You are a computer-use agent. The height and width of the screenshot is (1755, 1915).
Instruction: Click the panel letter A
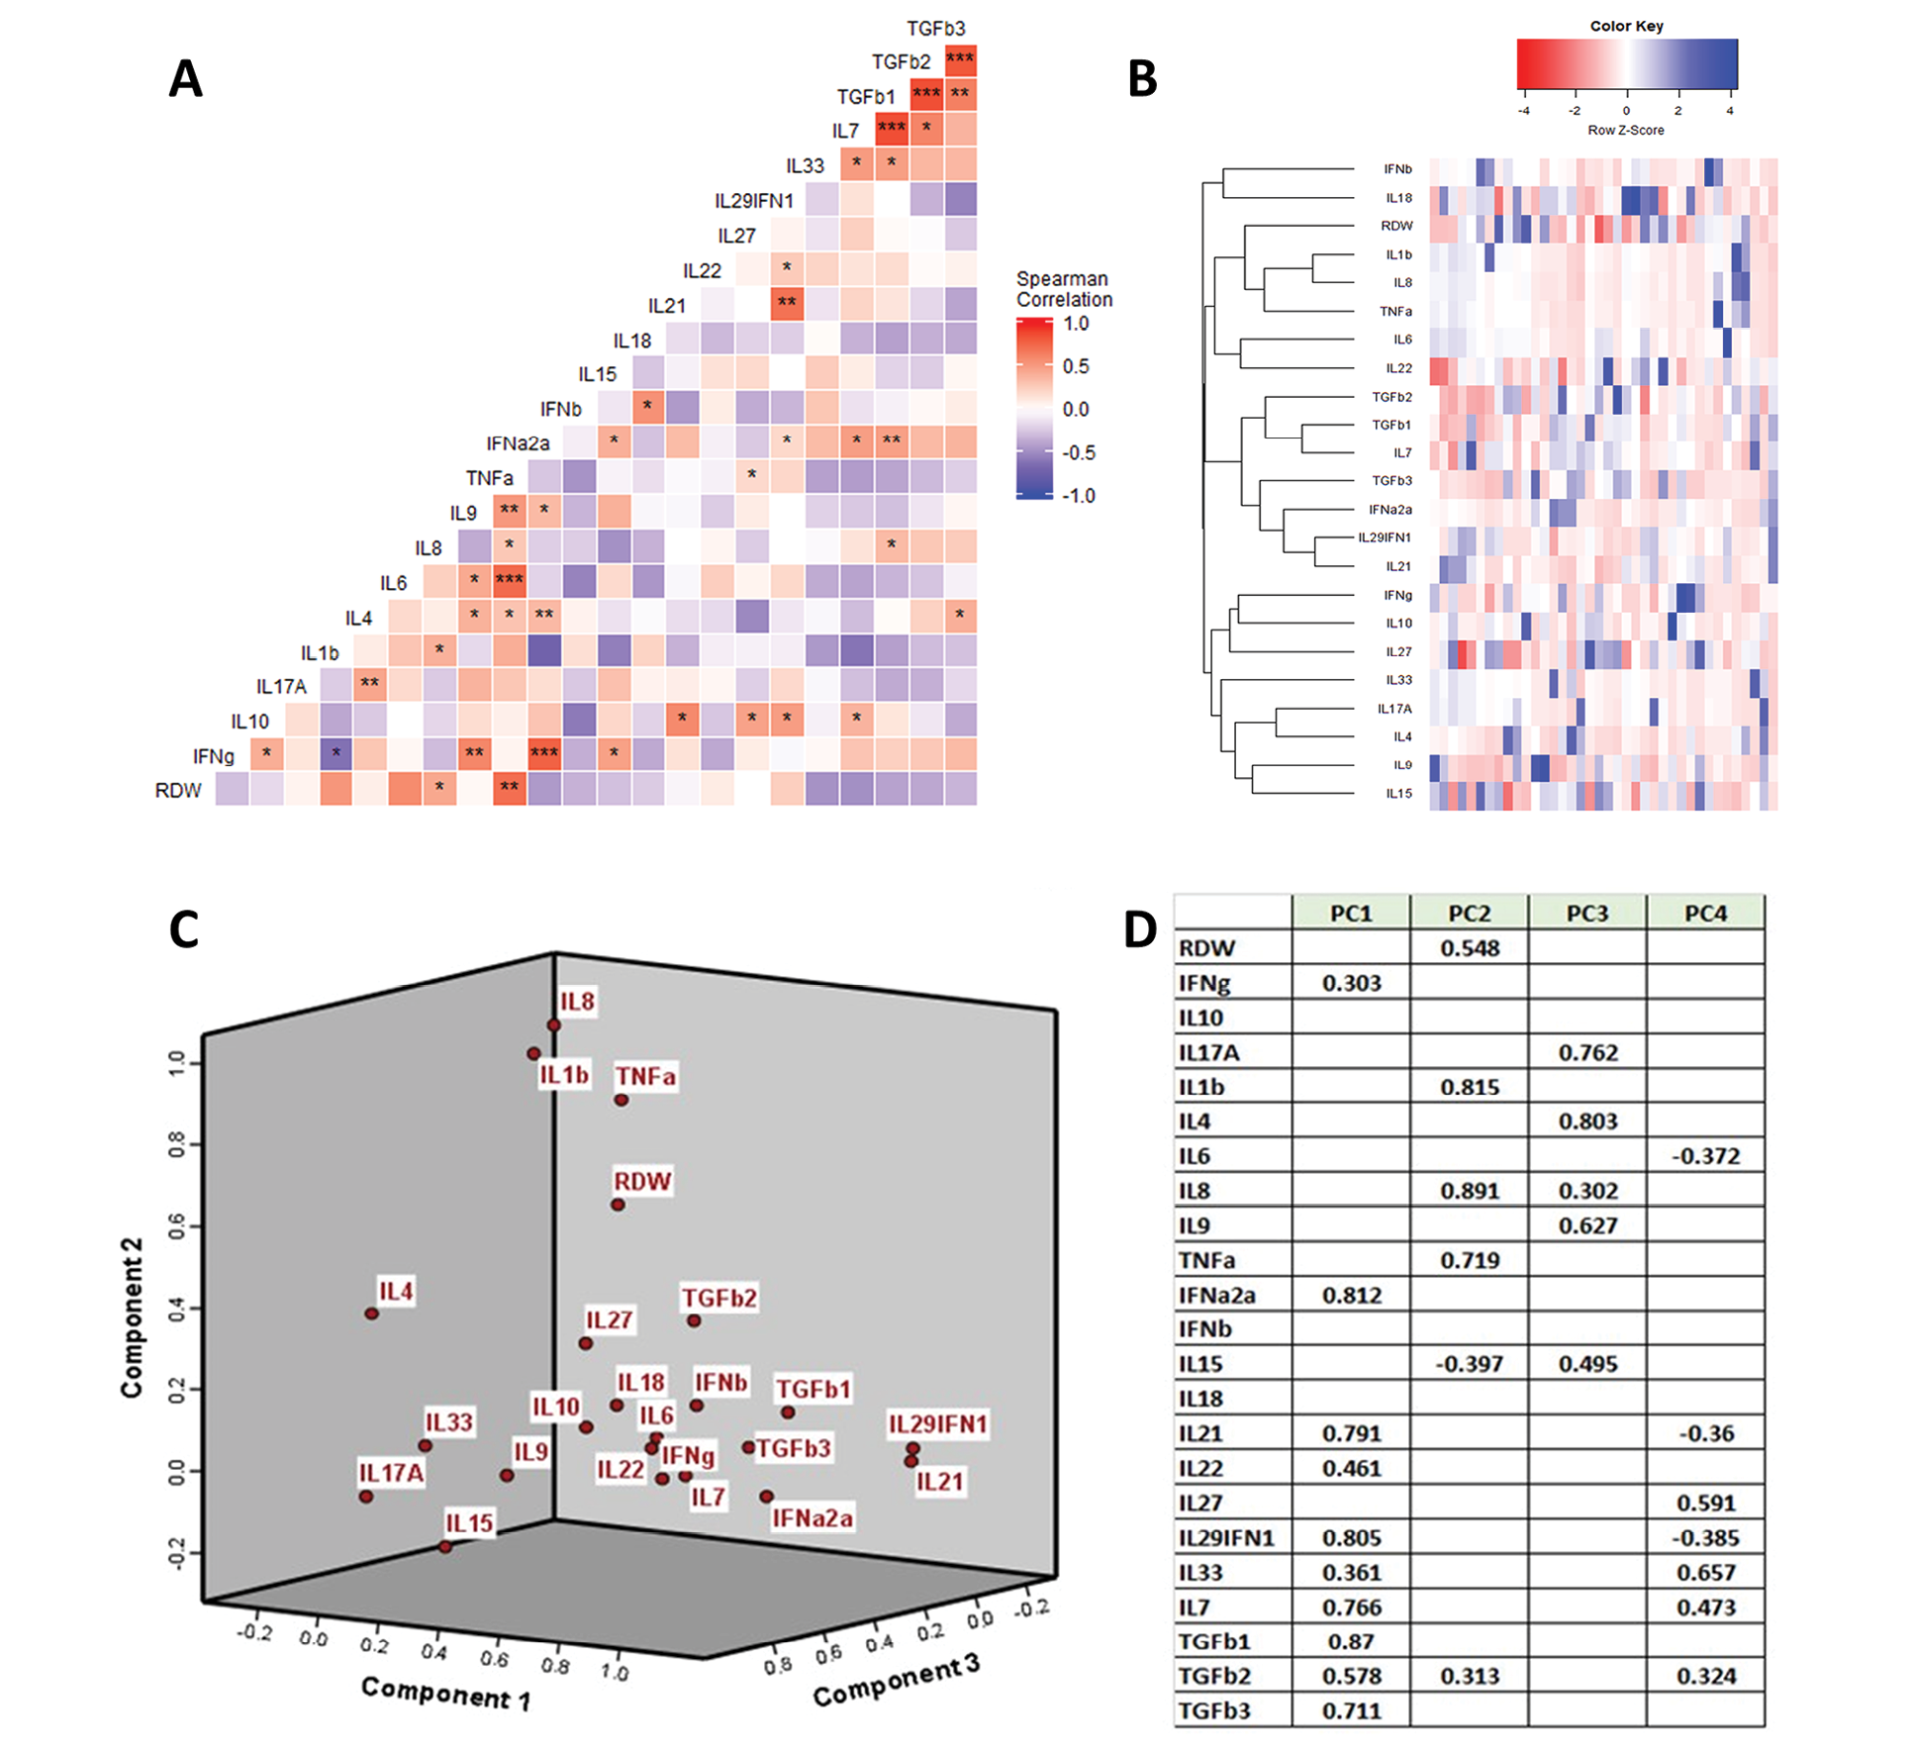[185, 79]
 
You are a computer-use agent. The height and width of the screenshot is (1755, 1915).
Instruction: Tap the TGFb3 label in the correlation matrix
[935, 29]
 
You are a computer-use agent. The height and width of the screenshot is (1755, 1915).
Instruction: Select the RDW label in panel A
[178, 791]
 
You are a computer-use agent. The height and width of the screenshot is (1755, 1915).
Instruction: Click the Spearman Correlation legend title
[1064, 289]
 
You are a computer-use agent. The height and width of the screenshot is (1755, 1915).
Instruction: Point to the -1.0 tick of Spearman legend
[1078, 496]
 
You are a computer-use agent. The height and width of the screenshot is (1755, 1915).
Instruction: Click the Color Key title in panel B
[1626, 26]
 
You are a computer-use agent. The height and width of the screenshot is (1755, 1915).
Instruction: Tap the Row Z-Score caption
[1625, 130]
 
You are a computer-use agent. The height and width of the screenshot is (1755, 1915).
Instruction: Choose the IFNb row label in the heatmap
[1397, 169]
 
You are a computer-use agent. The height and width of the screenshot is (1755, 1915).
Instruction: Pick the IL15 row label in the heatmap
[1398, 794]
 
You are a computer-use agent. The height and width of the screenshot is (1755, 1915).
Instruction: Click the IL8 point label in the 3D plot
[577, 1002]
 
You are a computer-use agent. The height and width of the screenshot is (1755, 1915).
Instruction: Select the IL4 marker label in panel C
[396, 1292]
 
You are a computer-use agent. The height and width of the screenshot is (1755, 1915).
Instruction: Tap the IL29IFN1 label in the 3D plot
[937, 1424]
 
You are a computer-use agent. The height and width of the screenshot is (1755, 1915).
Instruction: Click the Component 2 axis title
[132, 1317]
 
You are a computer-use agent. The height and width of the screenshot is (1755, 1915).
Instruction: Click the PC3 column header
[1586, 914]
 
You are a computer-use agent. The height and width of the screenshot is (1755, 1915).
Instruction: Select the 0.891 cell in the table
[1470, 1191]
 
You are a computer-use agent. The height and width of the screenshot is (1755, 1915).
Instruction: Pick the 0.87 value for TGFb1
[1351, 1641]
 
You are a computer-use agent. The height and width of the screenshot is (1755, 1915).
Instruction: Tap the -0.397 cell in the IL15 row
[1470, 1364]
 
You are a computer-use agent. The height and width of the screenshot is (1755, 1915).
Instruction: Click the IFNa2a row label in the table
[1216, 1295]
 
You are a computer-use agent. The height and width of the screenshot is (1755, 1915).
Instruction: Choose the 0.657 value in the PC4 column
[1705, 1572]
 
